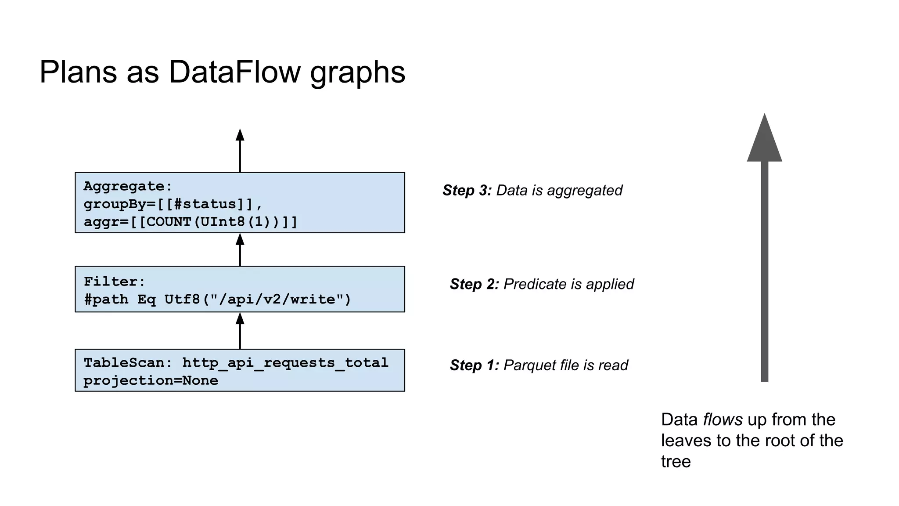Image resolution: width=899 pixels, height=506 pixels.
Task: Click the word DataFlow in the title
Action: point(234,72)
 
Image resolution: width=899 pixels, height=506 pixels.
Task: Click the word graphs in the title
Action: point(357,73)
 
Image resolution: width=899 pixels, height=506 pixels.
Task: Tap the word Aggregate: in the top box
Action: point(128,186)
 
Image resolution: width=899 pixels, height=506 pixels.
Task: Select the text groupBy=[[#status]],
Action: point(173,204)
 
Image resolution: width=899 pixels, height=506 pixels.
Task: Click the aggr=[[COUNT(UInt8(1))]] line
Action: point(191,221)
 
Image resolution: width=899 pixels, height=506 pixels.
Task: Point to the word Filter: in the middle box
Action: point(114,282)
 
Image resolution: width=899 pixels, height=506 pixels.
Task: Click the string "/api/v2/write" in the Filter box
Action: point(277,300)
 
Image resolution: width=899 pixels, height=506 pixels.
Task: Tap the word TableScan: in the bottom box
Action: point(128,363)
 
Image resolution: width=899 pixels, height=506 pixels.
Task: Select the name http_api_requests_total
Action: point(285,363)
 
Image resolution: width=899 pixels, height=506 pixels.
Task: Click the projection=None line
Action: point(151,380)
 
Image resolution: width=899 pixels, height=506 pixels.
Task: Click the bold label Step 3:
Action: point(467,190)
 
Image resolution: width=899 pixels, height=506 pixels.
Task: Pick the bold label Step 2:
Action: point(474,284)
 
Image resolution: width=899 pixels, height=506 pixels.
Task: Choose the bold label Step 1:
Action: point(474,365)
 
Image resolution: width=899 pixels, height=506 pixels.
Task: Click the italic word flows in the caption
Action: point(723,419)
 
